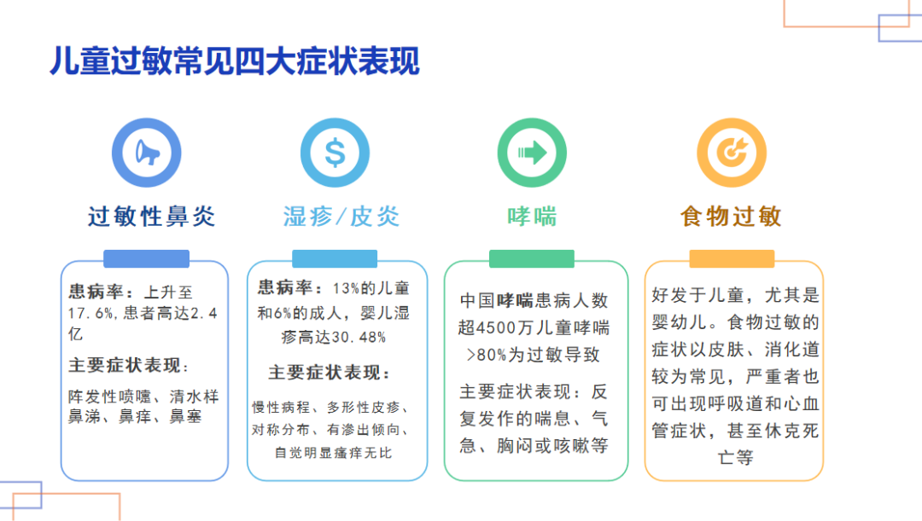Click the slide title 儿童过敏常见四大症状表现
point(235,62)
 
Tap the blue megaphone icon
point(148,153)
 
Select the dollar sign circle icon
point(335,153)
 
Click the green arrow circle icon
point(532,153)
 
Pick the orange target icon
point(732,153)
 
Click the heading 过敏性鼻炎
point(152,217)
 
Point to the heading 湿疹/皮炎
point(341,217)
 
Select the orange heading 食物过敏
point(731,217)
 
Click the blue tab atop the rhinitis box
point(146,259)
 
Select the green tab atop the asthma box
point(532,259)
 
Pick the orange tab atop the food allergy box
point(732,259)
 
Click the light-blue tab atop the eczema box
point(335,259)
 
